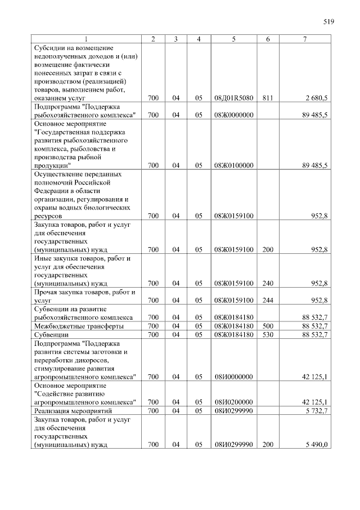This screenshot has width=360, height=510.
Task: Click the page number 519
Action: click(x=328, y=22)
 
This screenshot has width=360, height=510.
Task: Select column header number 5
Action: click(x=233, y=38)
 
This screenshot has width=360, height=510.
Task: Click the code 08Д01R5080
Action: click(x=233, y=98)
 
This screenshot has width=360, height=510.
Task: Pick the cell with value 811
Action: click(x=267, y=98)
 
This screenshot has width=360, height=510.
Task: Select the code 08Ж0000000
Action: click(x=233, y=115)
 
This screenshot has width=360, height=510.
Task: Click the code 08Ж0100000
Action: click(x=233, y=165)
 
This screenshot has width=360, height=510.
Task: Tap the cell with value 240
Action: click(x=267, y=283)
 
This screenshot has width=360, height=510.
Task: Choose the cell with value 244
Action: click(x=267, y=300)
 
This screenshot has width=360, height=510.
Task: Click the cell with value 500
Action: click(x=267, y=326)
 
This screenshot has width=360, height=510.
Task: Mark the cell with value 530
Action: click(x=267, y=334)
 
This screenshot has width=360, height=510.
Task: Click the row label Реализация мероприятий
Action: click(x=70, y=411)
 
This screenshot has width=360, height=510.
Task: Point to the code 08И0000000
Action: click(x=233, y=377)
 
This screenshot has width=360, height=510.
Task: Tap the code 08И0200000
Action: click(x=233, y=402)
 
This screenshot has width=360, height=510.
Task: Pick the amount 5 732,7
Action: click(x=316, y=411)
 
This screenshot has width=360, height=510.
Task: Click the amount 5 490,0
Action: click(x=316, y=445)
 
